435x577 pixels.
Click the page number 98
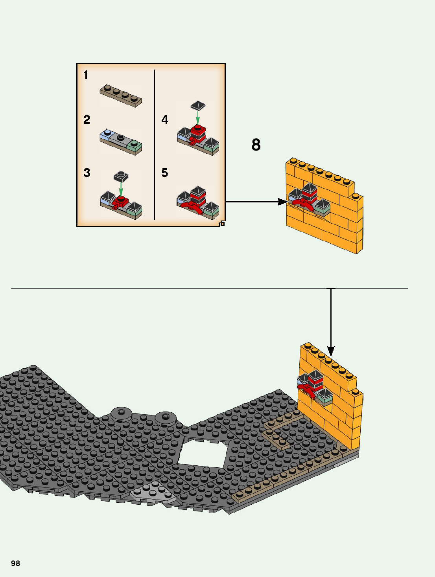(15, 563)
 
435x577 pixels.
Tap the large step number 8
(256, 145)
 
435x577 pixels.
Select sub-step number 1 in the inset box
(85, 75)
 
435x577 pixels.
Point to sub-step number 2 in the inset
(87, 119)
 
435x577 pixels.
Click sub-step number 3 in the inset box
(87, 173)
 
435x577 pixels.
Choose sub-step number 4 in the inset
(165, 119)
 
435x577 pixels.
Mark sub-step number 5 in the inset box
(165, 173)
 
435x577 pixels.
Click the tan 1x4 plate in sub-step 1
(121, 96)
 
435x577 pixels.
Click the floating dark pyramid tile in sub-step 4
(198, 105)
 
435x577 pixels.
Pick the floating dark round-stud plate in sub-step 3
(121, 176)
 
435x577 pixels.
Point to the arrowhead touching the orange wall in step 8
(283, 202)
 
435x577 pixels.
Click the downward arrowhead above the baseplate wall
(331, 351)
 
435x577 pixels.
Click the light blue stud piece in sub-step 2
(106, 135)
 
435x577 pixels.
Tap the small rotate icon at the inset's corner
(222, 223)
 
